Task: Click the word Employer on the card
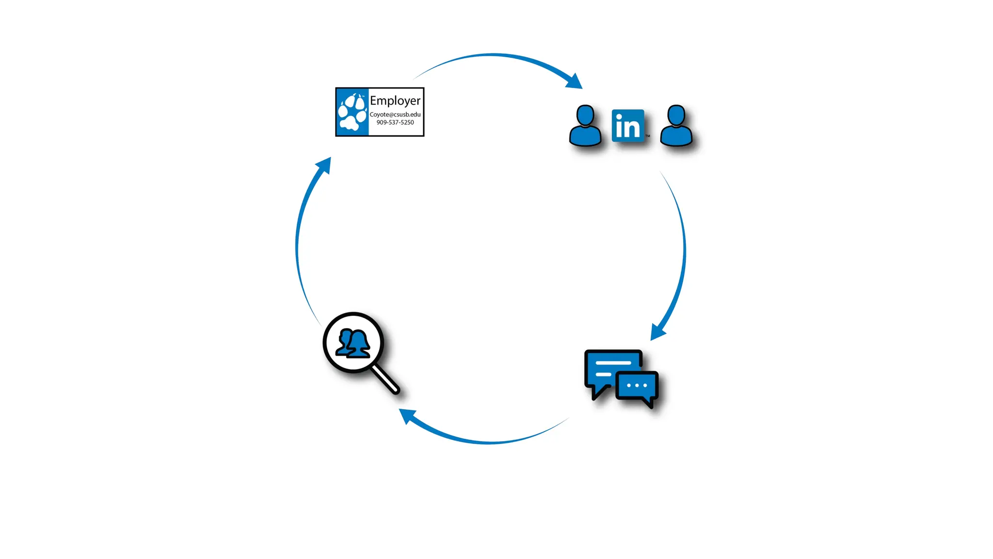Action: coord(395,101)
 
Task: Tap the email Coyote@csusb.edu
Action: coord(395,115)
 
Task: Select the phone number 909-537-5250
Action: coord(395,122)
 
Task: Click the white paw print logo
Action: coord(352,113)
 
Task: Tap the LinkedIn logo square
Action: coord(628,126)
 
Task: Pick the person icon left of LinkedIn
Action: coord(585,126)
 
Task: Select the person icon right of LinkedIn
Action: coord(676,126)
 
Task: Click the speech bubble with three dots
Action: coord(637,387)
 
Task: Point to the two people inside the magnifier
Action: coord(353,343)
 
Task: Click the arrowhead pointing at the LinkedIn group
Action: coord(574,82)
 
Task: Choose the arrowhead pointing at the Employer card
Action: coord(324,165)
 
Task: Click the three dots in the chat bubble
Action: coord(637,385)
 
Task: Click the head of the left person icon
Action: coord(585,115)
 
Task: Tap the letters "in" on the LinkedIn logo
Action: coord(627,126)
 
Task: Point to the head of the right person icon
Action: coord(676,115)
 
